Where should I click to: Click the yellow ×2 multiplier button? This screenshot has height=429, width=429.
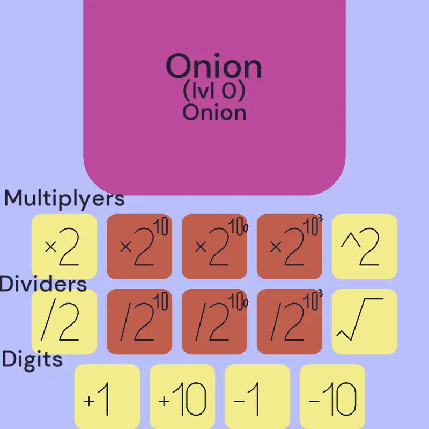64,247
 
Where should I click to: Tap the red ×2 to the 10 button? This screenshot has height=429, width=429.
139,247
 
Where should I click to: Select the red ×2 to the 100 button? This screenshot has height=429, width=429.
214,247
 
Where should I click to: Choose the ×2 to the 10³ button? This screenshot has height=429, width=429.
290,247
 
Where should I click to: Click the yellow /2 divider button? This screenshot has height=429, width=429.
64,322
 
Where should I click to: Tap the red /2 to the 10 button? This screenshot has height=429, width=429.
139,322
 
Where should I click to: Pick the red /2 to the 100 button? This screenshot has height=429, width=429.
214,322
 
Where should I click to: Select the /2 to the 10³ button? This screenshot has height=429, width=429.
290,322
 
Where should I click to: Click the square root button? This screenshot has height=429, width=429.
365,322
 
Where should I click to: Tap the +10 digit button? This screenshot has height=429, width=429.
182,396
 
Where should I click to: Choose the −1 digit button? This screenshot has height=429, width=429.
257,396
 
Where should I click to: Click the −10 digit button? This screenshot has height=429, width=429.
332,396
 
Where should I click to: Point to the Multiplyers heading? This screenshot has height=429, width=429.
64,198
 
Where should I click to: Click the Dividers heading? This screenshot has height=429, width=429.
43,284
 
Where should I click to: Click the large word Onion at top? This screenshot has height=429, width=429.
214,66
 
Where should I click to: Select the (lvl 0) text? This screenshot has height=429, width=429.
214,91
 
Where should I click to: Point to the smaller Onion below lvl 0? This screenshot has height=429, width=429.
214,113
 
